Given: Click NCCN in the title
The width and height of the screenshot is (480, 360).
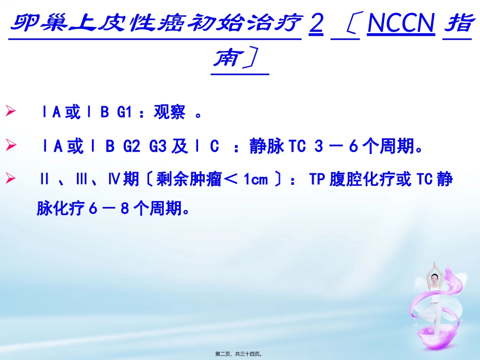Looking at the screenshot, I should click(401, 24).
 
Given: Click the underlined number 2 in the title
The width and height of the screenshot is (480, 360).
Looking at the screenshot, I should click(316, 24).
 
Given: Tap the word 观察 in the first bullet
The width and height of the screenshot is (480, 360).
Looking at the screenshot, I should click(170, 112).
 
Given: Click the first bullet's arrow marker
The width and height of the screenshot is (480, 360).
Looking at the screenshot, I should click(11, 111).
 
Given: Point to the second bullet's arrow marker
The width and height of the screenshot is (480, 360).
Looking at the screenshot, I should click(11, 146).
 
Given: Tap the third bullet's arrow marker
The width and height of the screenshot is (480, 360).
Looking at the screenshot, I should click(11, 179).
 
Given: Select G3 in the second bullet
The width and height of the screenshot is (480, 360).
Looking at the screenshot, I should click(159, 147).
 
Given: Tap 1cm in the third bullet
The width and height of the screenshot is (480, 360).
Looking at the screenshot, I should click(256, 180).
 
